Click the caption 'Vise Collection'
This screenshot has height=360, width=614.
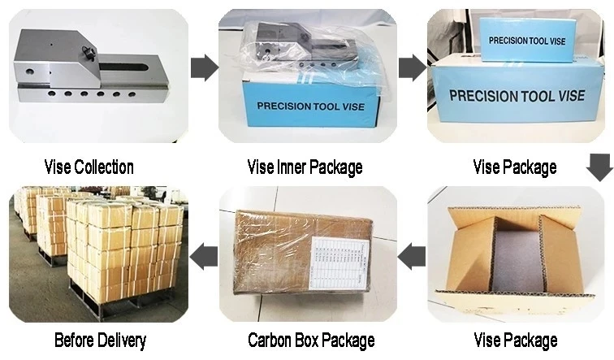click(x=89, y=167)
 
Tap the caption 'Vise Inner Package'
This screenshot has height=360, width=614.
click(x=305, y=167)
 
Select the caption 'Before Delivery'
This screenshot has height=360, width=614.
click(x=100, y=339)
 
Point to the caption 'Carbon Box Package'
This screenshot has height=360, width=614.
click(x=311, y=339)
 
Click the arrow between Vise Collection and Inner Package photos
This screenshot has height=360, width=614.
click(x=204, y=68)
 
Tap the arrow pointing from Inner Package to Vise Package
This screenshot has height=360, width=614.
click(x=412, y=68)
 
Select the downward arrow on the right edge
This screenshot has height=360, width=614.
click(x=599, y=169)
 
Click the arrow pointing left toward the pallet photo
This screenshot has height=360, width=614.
click(x=204, y=257)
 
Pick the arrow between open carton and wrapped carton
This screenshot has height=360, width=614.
click(x=413, y=257)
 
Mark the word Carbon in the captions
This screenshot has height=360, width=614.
click(x=270, y=339)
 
